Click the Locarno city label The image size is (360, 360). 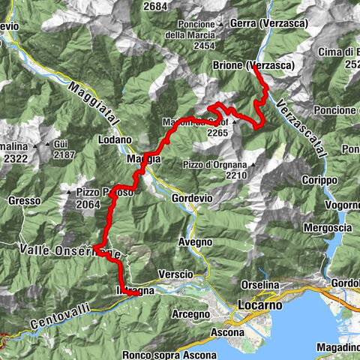click(x=259, y=306)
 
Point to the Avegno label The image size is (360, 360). click(x=194, y=242)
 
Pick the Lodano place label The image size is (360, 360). click(x=115, y=139)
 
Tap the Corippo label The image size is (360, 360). click(x=321, y=181)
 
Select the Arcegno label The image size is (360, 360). click(x=188, y=313)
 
